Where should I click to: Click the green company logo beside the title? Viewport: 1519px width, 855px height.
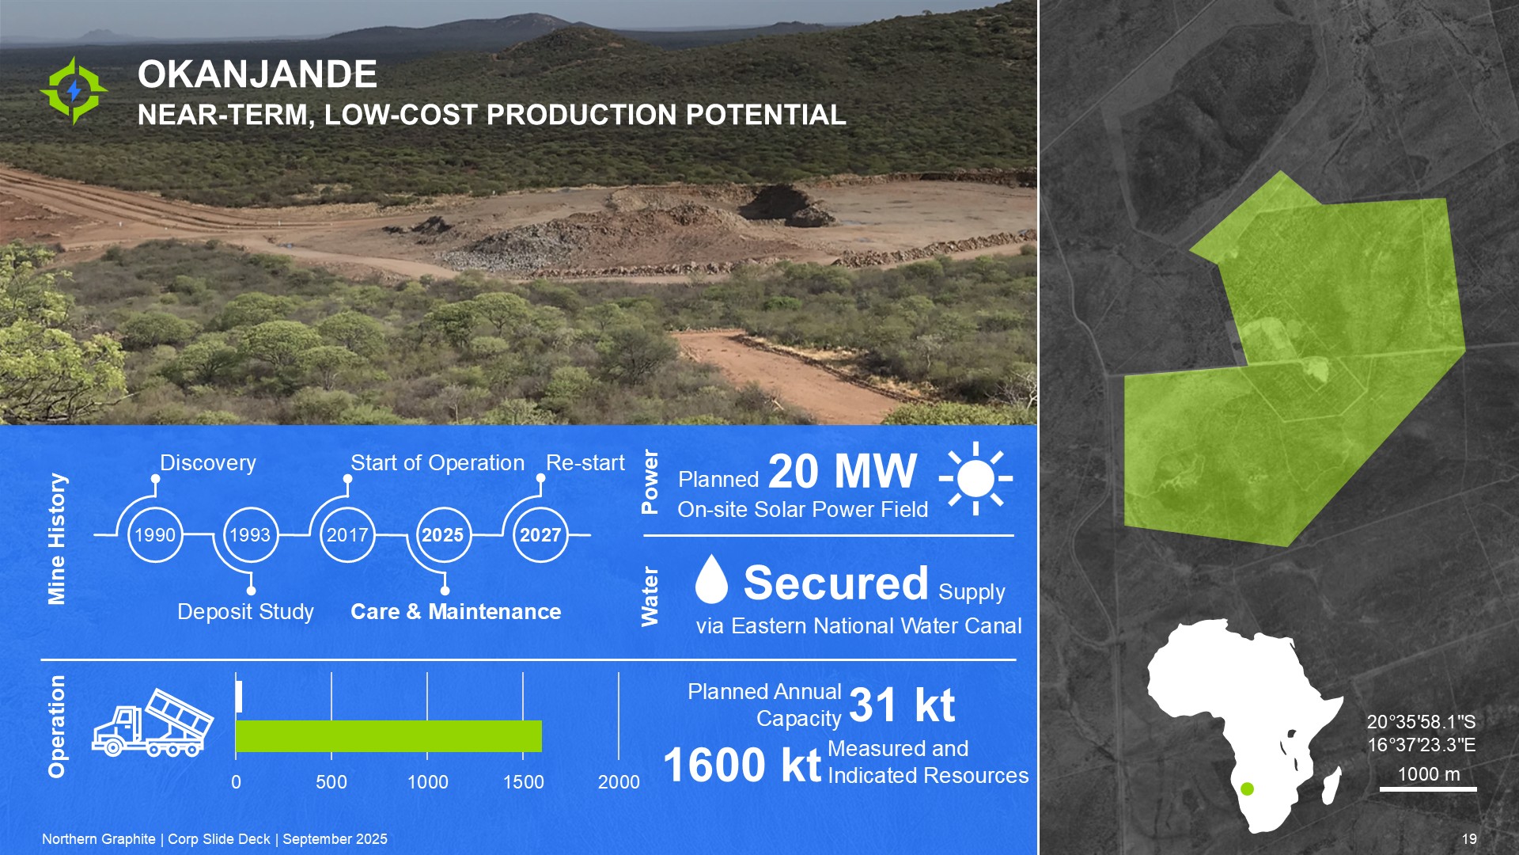[74, 90]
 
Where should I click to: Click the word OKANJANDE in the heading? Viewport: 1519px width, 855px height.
[257, 74]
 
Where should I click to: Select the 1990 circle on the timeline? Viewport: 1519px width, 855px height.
[155, 535]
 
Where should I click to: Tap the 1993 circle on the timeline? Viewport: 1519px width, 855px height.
[250, 535]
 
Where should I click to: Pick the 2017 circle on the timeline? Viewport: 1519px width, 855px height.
[347, 535]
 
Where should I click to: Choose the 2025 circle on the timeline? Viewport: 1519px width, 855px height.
[443, 535]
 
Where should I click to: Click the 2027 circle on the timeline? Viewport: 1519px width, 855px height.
[540, 535]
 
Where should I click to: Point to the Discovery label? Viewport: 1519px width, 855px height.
[208, 463]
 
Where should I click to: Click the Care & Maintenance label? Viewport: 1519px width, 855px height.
[456, 612]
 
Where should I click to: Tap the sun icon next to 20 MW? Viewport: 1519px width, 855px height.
[975, 479]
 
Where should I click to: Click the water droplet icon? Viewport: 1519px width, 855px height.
[711, 579]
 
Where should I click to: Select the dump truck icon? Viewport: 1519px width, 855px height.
[153, 722]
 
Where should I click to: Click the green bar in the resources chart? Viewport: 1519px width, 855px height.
[388, 736]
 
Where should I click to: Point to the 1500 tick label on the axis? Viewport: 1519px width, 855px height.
[523, 782]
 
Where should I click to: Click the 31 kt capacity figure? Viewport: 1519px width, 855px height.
[902, 705]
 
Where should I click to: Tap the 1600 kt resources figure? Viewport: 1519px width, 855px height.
[742, 765]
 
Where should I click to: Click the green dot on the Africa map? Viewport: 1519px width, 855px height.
[1248, 788]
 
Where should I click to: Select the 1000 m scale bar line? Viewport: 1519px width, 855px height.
[1428, 788]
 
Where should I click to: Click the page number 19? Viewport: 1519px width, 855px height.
[1469, 839]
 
